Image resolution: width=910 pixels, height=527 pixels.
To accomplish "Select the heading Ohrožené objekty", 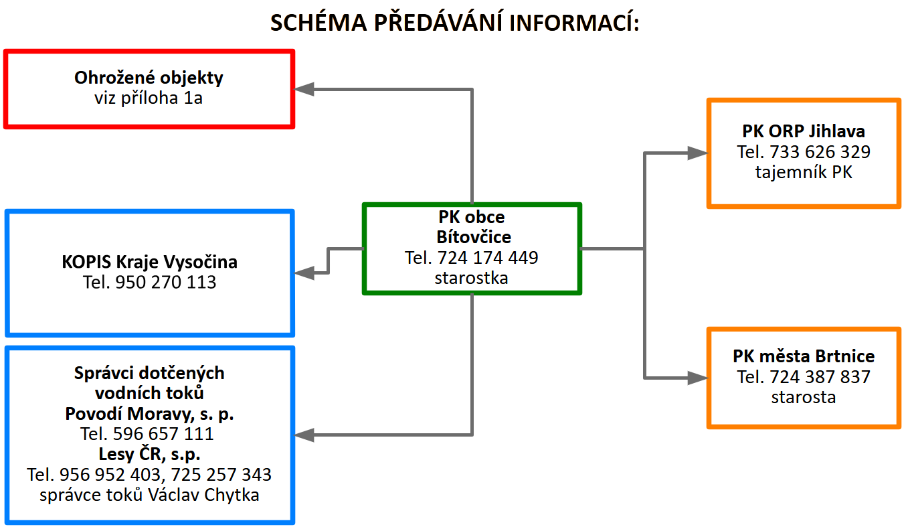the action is [x=149, y=78].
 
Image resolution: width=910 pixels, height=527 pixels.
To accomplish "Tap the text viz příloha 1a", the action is [x=149, y=98].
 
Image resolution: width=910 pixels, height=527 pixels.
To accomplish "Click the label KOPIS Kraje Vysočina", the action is [x=149, y=261].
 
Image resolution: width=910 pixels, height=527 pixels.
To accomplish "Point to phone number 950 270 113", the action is [x=166, y=282].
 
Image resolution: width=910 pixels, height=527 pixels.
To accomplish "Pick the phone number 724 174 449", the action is [x=488, y=258].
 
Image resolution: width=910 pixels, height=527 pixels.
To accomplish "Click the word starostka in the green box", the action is [x=471, y=278].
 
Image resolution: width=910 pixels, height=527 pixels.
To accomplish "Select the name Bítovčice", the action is [x=474, y=237].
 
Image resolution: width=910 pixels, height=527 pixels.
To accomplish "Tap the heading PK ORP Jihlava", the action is [x=804, y=131].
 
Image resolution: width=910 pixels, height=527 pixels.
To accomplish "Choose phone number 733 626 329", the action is [x=820, y=152].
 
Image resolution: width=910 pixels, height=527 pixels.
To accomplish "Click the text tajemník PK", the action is [x=804, y=172].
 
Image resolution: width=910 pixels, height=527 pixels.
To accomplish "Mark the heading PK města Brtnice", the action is [x=804, y=356].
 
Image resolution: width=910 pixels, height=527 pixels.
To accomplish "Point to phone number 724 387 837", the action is [x=820, y=377].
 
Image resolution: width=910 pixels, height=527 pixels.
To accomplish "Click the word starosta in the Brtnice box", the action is [x=804, y=397].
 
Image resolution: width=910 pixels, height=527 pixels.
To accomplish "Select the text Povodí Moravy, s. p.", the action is [x=149, y=414].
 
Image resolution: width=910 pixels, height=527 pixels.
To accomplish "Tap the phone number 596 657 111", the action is [x=163, y=434].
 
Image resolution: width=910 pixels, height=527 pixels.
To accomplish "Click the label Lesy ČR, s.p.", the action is [x=149, y=454].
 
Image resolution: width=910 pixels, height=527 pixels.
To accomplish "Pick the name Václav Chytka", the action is [x=203, y=495].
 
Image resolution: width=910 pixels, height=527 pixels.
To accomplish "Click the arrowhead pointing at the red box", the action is [x=304, y=89].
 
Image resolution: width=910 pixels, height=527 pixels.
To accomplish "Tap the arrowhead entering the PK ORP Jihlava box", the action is [x=697, y=153].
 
